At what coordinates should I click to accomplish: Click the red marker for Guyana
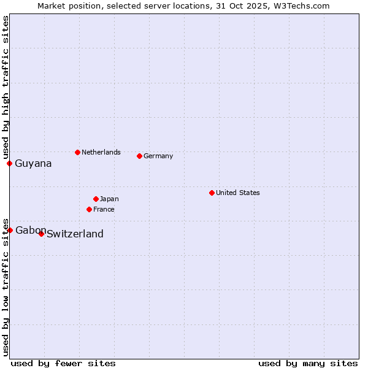coord(9,163)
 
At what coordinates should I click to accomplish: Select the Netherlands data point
coord(77,152)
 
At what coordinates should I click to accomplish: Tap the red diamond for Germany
coord(139,156)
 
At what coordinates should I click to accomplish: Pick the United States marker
coord(212,193)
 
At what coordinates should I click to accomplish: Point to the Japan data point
coord(96,199)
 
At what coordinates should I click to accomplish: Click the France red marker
coord(89,209)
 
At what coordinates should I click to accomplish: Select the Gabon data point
coord(10,230)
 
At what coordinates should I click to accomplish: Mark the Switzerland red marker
coord(41,234)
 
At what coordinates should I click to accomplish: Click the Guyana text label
coord(33,164)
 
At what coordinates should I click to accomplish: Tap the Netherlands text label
coord(101,152)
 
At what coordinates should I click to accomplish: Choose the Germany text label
coord(158,156)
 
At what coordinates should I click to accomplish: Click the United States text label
coord(238,193)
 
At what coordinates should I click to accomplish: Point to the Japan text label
coord(109,199)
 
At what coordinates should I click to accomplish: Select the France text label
coord(104,209)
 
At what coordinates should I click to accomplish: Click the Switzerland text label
coord(75,234)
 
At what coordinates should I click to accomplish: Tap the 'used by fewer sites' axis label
coord(63,363)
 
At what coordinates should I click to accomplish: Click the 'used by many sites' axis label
coord(308,363)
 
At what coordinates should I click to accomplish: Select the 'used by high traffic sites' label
coord(6,87)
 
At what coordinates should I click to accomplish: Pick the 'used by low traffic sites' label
coord(6,287)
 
